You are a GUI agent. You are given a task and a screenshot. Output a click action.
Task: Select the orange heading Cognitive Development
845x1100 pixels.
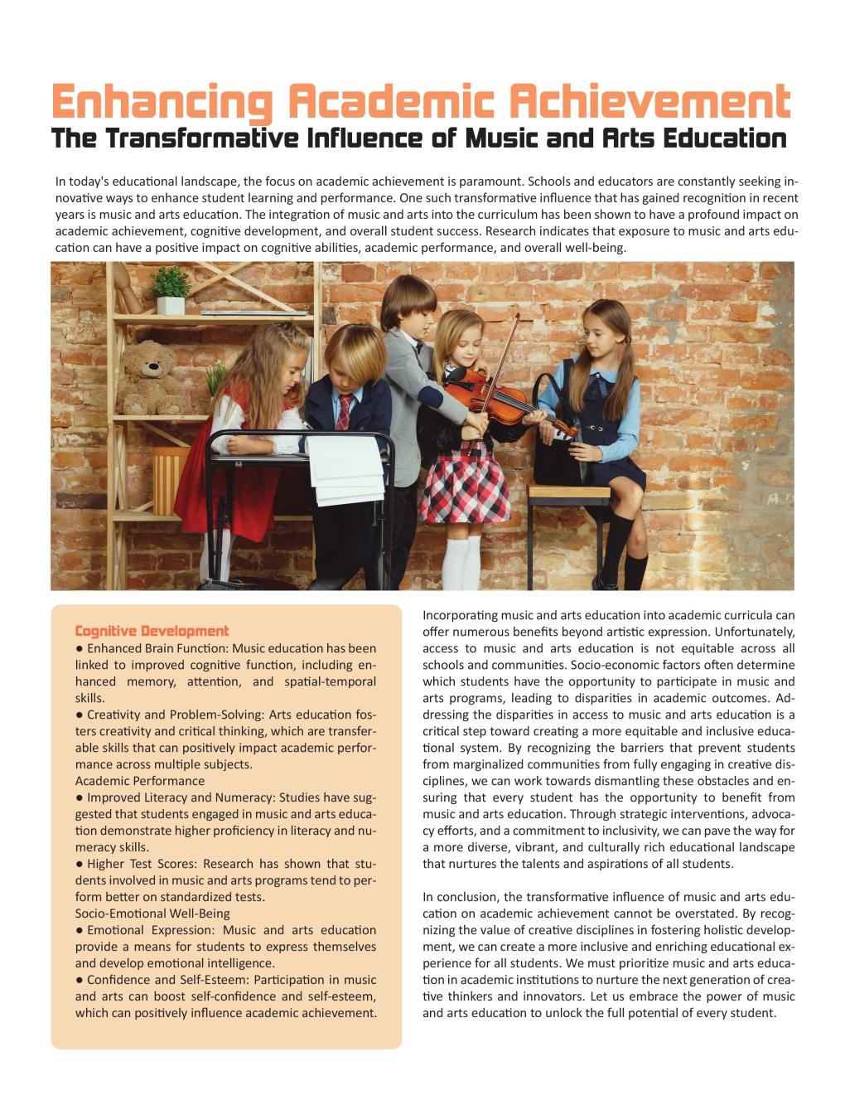152,631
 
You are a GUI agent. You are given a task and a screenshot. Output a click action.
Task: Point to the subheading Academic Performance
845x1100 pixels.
140,781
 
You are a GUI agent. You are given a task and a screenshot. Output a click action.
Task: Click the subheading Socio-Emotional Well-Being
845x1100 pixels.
152,913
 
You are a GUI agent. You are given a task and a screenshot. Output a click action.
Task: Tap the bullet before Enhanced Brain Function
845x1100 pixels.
80,648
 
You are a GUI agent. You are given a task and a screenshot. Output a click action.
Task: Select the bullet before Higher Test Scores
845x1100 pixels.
80,864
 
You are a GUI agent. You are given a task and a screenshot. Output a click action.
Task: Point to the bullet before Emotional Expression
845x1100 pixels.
80,930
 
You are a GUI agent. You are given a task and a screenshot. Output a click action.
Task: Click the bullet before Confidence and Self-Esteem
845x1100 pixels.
80,980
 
